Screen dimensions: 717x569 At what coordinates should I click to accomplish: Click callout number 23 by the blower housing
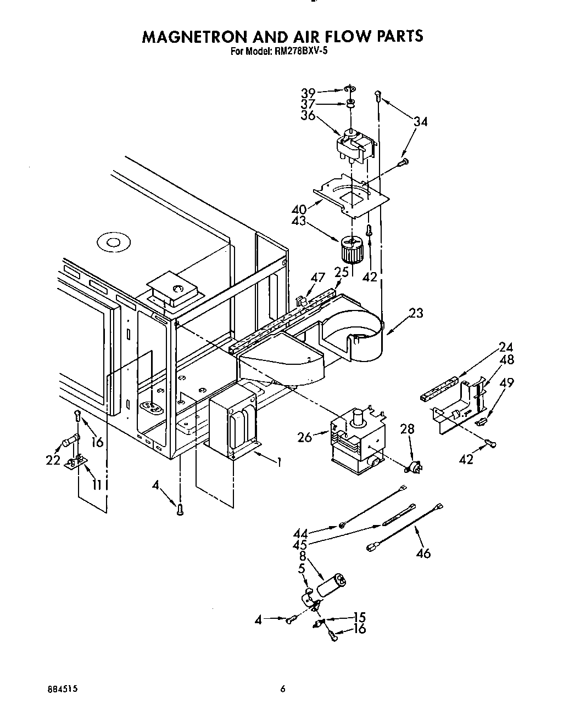[417, 313]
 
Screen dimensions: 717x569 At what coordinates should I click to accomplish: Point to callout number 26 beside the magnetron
[305, 437]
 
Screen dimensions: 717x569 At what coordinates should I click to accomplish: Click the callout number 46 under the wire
[423, 553]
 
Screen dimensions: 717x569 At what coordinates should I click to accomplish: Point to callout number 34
[420, 122]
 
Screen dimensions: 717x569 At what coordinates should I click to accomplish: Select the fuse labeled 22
[71, 440]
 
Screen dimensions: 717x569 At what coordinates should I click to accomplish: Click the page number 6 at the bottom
[282, 689]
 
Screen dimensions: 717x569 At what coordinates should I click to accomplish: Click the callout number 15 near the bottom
[360, 617]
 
